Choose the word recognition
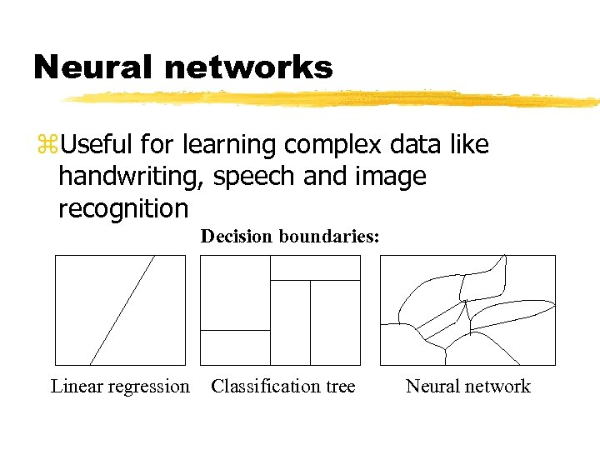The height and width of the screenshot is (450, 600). (123, 207)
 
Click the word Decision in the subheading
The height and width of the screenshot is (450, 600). (237, 237)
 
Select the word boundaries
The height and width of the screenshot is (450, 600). (329, 237)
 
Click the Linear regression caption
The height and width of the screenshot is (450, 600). (120, 387)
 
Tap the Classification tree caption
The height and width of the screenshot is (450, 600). (283, 387)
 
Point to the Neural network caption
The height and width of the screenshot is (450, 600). (468, 387)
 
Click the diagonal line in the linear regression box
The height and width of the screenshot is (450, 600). (122, 310)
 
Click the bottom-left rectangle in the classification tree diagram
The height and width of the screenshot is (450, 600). (236, 347)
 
